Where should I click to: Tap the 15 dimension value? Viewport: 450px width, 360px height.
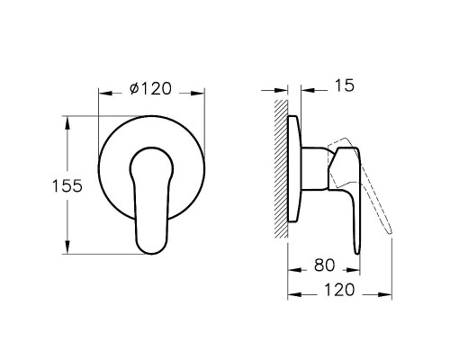[x=344, y=86]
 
